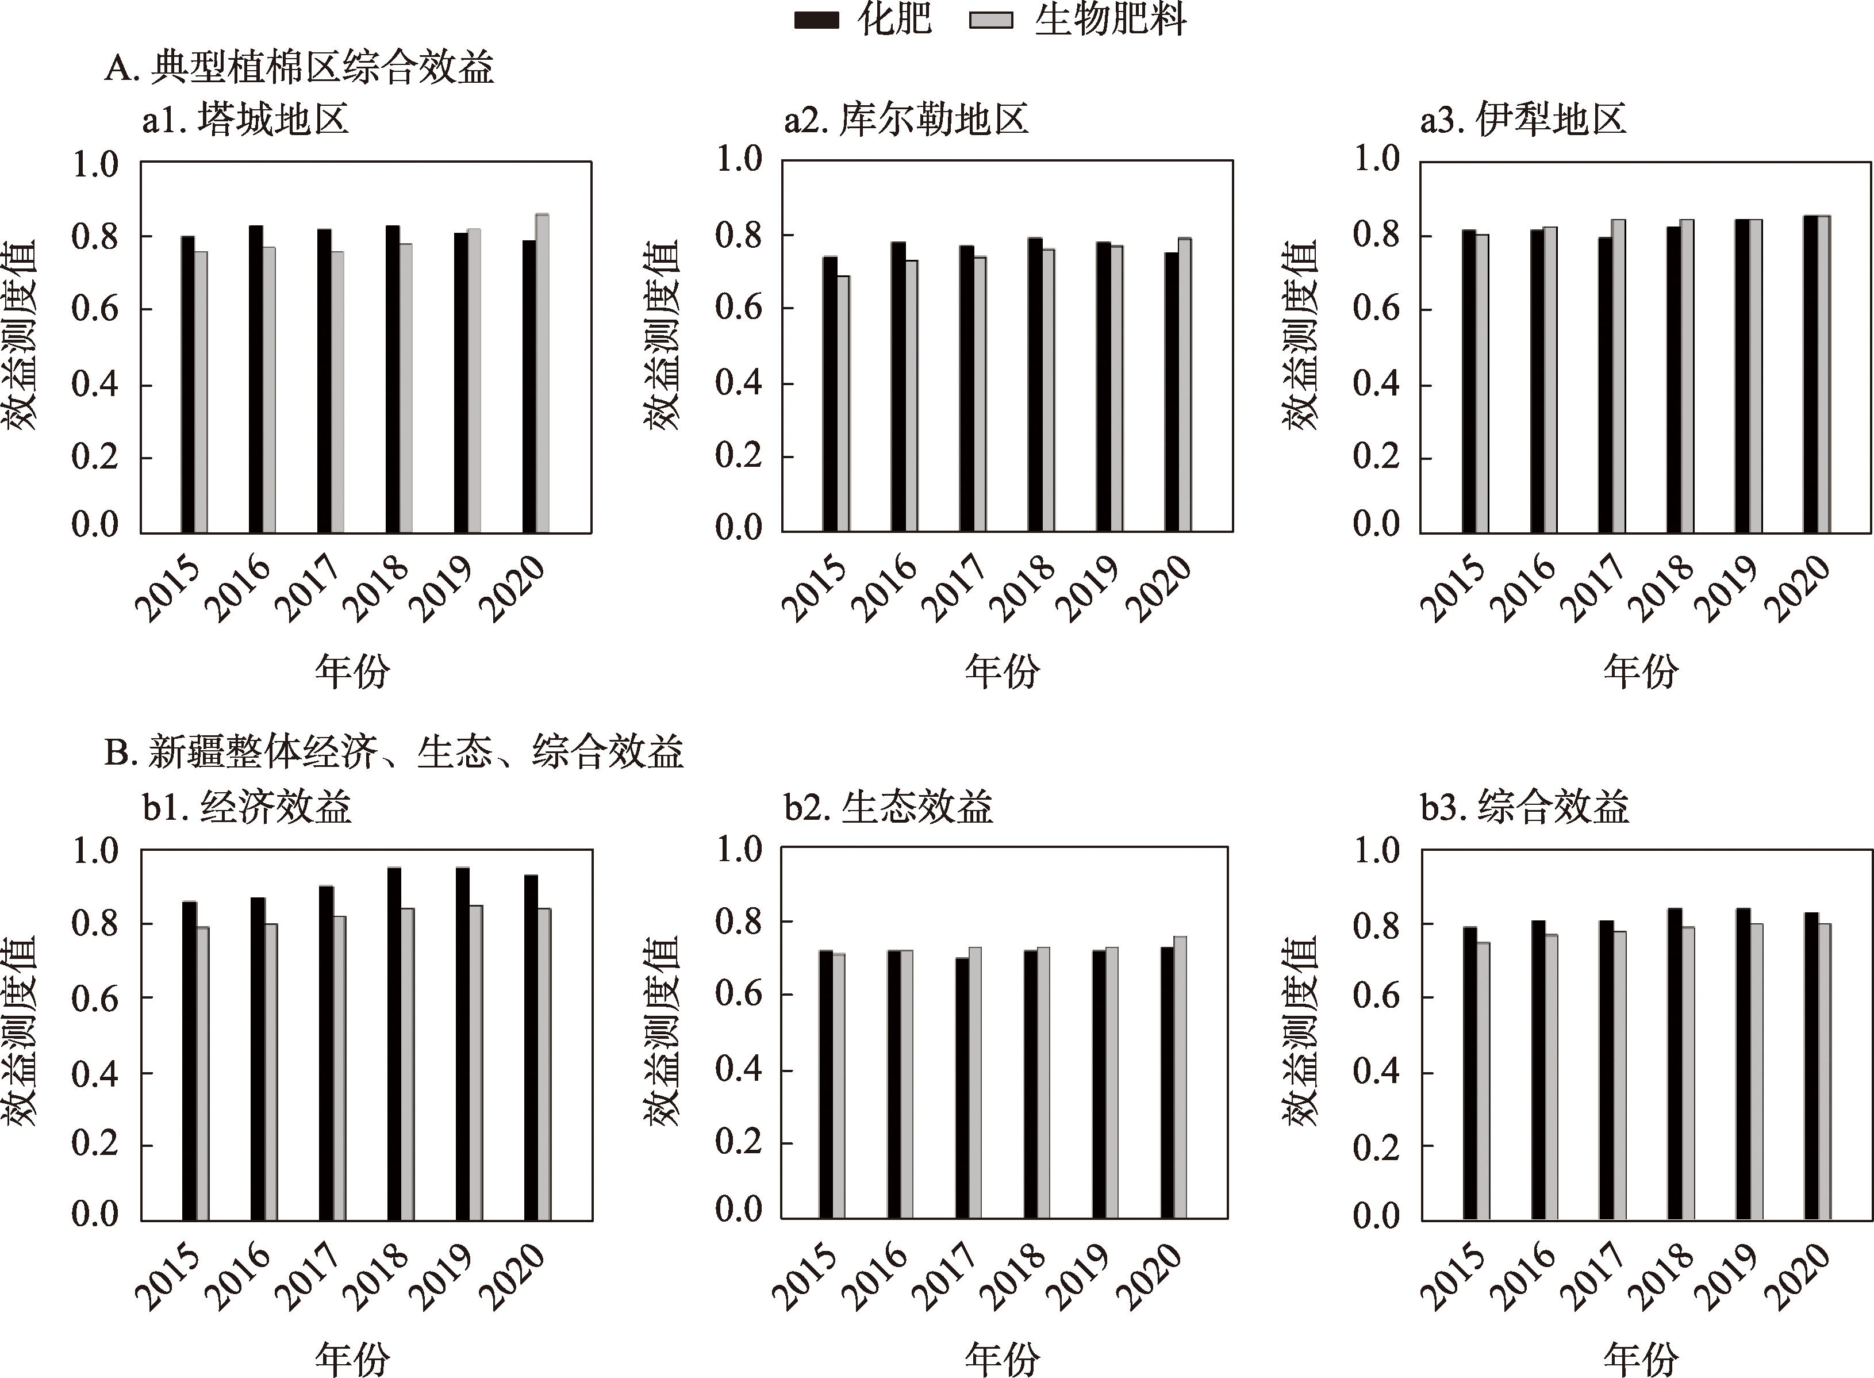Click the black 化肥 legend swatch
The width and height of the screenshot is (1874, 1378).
816,20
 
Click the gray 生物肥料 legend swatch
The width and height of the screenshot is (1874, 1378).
992,20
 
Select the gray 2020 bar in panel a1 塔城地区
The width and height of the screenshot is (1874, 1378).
542,373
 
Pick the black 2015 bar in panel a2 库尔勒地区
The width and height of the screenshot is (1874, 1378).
830,394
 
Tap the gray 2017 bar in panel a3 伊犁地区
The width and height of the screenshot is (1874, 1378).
1619,375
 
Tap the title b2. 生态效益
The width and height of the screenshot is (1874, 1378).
888,807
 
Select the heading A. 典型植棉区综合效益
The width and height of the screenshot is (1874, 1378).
299,67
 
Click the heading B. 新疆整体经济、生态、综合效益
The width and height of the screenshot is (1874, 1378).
394,751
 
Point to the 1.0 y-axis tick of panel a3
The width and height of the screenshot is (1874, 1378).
1376,159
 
